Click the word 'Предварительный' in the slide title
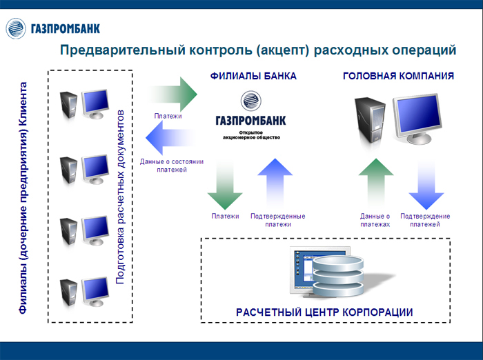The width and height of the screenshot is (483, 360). pyautogui.click(x=115, y=50)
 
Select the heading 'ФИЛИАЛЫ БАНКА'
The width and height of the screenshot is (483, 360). pyautogui.click(x=254, y=76)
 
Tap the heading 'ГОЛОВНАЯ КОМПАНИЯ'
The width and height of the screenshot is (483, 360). pyautogui.click(x=398, y=76)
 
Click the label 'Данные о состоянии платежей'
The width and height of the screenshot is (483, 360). pyautogui.click(x=172, y=166)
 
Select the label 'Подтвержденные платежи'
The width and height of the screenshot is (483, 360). pyautogui.click(x=277, y=220)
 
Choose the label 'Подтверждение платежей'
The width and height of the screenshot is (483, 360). pyautogui.click(x=425, y=220)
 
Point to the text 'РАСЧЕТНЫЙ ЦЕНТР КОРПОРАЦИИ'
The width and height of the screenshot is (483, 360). pyautogui.click(x=324, y=312)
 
